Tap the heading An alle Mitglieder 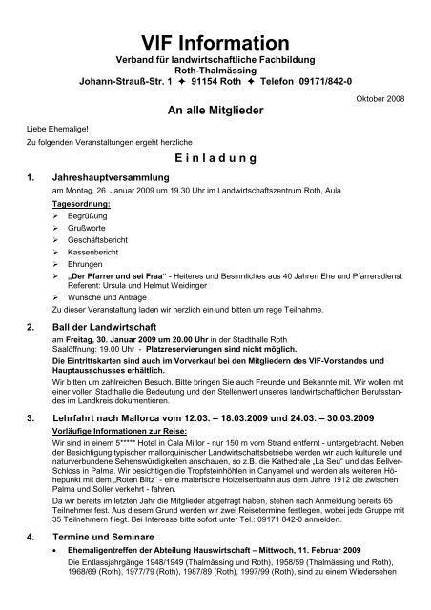click(215, 112)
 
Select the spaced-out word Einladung click(215, 157)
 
